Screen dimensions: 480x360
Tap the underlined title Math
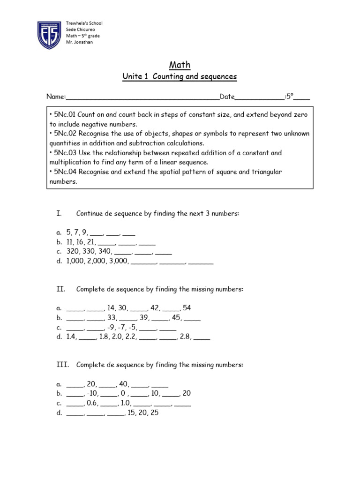tap(180, 65)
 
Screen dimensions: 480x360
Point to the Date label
tap(227, 97)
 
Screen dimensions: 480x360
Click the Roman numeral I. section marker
tap(59, 213)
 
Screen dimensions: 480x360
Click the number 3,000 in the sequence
tap(119, 261)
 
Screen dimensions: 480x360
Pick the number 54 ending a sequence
tap(187, 308)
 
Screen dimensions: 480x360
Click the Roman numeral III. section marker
tap(62, 365)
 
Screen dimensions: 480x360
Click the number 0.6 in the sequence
tap(92, 403)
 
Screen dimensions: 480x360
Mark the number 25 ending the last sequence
tap(155, 413)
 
